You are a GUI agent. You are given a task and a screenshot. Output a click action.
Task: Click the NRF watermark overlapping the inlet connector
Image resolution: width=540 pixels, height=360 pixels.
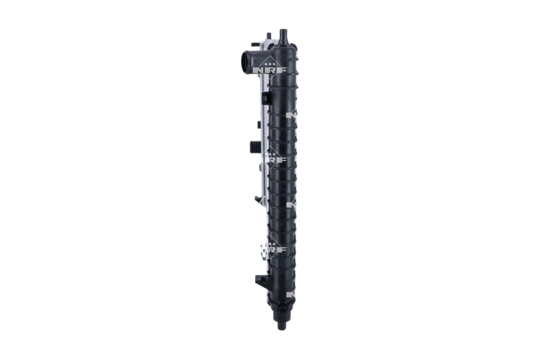pyautogui.click(x=269, y=67)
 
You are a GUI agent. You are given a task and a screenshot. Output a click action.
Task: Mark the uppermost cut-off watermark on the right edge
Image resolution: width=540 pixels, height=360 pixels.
pyautogui.click(x=291, y=114)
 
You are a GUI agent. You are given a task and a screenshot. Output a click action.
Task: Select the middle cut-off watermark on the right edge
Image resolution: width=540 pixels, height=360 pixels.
pyautogui.click(x=291, y=203)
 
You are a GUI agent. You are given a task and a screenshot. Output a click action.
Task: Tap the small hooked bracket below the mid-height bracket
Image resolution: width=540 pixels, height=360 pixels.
pyautogui.click(x=259, y=199)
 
